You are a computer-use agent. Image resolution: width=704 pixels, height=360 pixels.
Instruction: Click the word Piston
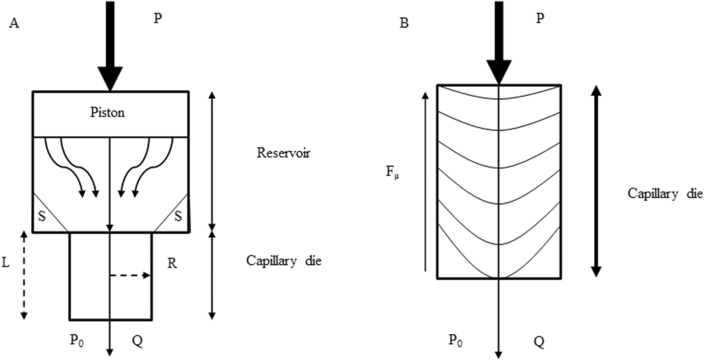pyautogui.click(x=107, y=112)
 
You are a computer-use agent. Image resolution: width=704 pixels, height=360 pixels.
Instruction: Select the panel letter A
pyautogui.click(x=14, y=23)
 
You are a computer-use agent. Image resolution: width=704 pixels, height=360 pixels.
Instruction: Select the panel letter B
pyautogui.click(x=404, y=23)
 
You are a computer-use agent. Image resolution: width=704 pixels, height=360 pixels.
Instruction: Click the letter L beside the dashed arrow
pyautogui.click(x=5, y=264)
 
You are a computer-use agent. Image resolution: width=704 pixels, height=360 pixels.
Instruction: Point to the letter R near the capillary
pyautogui.click(x=171, y=264)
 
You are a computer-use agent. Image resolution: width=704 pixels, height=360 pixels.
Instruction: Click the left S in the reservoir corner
pyautogui.click(x=42, y=216)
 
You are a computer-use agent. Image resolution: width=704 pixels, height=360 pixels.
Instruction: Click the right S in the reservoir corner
pyautogui.click(x=178, y=216)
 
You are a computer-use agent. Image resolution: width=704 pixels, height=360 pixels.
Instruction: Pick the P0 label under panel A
pyautogui.click(x=76, y=341)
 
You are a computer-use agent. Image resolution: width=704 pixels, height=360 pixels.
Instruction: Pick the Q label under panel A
pyautogui.click(x=137, y=341)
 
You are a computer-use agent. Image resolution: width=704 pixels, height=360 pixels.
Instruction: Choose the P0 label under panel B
pyautogui.click(x=456, y=341)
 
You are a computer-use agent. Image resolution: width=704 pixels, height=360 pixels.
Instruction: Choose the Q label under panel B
pyautogui.click(x=539, y=342)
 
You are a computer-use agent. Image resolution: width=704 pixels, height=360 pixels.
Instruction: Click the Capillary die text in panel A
pyautogui.click(x=284, y=261)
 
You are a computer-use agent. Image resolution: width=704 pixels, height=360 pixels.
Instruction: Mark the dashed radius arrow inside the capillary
pyautogui.click(x=130, y=275)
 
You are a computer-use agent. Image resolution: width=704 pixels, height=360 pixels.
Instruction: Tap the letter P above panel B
pyautogui.click(x=540, y=19)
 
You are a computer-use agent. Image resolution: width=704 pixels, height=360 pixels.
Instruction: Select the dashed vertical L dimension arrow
pyautogui.click(x=24, y=275)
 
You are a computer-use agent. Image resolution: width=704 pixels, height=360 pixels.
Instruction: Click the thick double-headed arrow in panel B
pyautogui.click(x=596, y=181)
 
